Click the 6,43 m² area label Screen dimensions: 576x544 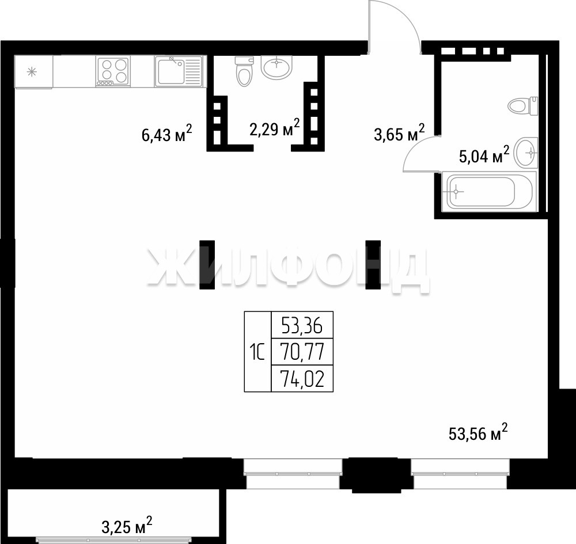[167, 133]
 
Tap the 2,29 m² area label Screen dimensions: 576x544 [274, 127]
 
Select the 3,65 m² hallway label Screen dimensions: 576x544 [399, 132]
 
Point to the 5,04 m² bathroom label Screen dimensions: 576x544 [484, 154]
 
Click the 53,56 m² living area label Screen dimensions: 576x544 [478, 432]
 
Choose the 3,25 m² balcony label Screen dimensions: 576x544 [127, 526]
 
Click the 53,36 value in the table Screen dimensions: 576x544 [302, 325]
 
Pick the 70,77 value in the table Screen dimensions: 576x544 [302, 352]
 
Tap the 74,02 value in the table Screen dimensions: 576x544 [302, 378]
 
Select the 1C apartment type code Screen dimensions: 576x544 [257, 352]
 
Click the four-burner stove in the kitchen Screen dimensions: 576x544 [113, 71]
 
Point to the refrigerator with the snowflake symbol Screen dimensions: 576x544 [33, 72]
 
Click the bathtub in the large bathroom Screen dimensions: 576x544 [489, 191]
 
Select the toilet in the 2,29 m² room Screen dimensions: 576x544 [244, 71]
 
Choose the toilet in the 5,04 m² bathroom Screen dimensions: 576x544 [523, 106]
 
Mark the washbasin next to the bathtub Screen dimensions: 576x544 [526, 152]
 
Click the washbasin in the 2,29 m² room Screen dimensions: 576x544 [276, 67]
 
